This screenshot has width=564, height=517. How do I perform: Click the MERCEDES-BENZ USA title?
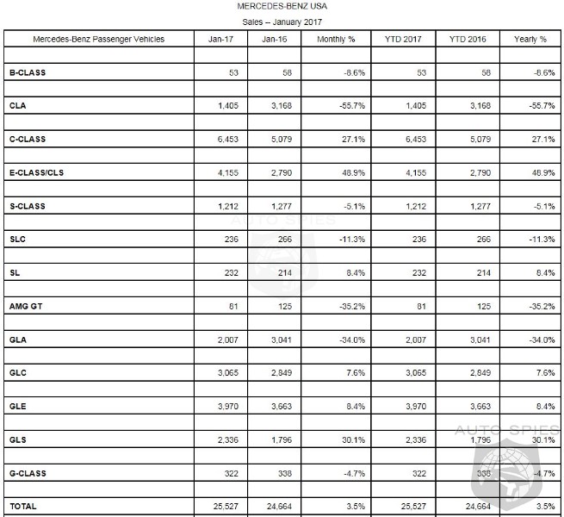[282, 7]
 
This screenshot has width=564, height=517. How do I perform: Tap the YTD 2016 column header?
[464, 40]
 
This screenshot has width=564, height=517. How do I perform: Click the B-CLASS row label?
[28, 72]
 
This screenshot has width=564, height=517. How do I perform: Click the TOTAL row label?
[22, 506]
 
